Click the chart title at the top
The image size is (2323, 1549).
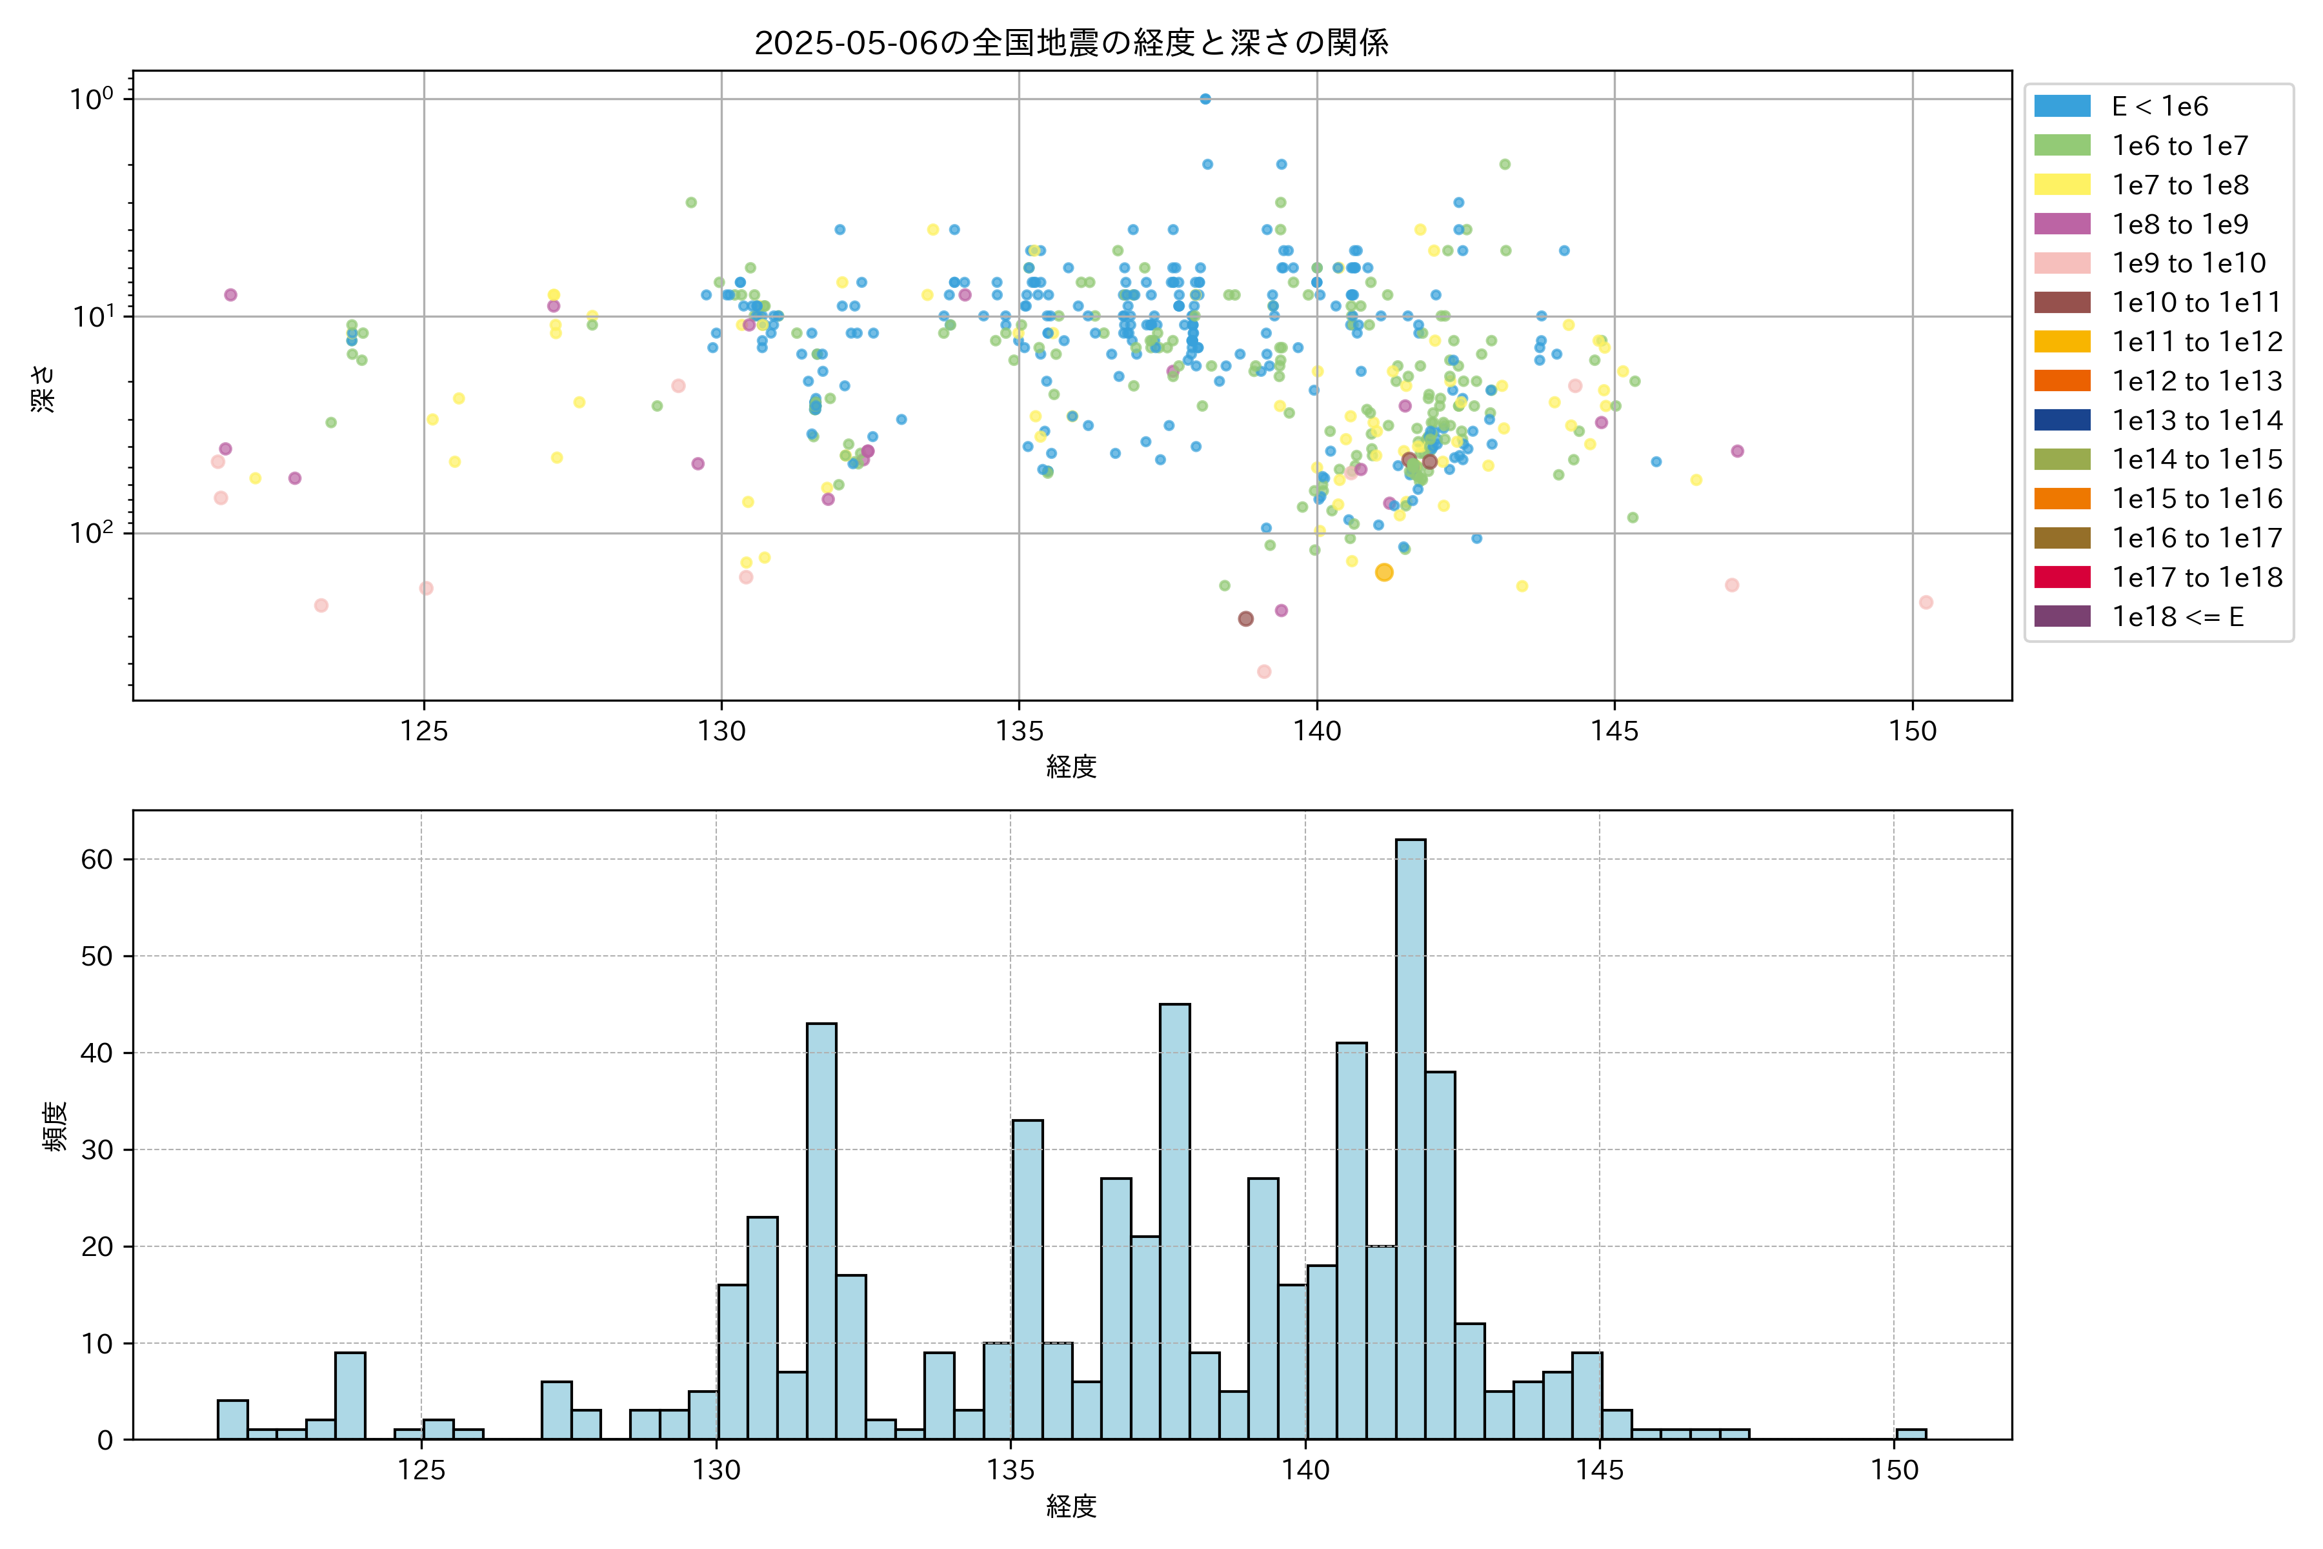(x=1072, y=43)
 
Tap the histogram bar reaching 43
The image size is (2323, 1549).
(x=821, y=1231)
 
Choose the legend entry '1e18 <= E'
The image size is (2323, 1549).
(x=2177, y=618)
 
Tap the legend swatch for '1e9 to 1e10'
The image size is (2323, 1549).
(x=2062, y=264)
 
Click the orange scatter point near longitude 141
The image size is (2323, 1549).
(x=1383, y=573)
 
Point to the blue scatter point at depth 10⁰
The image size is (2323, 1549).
(x=1205, y=99)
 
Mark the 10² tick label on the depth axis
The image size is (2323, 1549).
(x=92, y=534)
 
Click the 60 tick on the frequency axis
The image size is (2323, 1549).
(x=97, y=860)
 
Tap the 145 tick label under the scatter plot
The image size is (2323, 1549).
(x=1614, y=732)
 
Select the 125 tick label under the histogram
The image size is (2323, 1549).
(x=422, y=1471)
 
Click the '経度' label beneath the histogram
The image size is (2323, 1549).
(x=1072, y=1506)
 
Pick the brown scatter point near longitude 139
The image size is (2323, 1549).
(x=1245, y=618)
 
